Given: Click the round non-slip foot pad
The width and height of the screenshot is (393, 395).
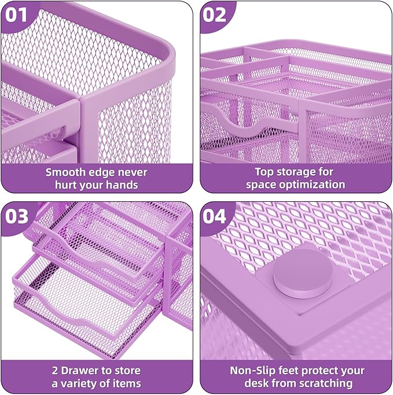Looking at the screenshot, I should (299, 275).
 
